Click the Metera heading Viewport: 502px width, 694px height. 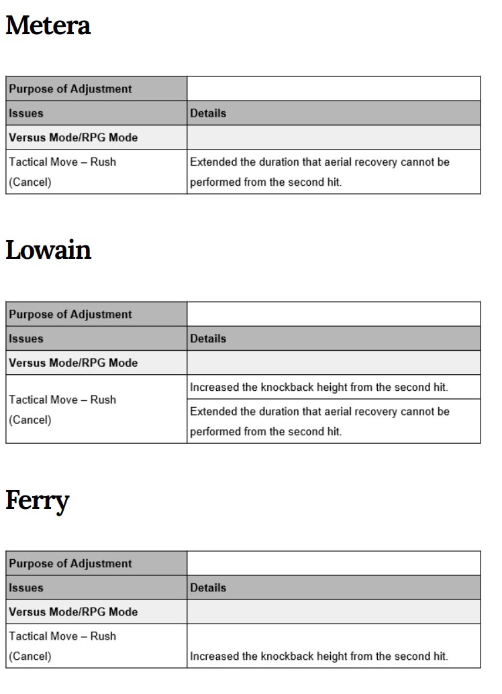48,26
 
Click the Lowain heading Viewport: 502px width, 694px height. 48,250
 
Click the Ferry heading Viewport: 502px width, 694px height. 38,500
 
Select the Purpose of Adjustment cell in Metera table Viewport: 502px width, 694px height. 70,89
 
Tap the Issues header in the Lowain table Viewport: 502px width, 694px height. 26,339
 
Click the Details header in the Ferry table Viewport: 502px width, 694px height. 208,587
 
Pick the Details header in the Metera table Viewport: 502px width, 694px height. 208,113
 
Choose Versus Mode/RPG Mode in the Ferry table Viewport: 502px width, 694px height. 73,612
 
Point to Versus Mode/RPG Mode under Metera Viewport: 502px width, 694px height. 73,137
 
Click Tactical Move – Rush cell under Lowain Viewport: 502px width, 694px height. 62,400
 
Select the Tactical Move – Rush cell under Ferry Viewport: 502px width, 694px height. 62,636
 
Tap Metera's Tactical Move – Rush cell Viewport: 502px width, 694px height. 62,162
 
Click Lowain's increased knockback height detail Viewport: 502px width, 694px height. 319,387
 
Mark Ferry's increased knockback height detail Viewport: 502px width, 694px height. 319,656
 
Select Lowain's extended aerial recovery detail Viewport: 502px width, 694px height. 319,421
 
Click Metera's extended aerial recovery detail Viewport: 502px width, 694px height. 319,172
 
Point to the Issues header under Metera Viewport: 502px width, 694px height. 26,113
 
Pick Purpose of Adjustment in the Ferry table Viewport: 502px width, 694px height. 70,563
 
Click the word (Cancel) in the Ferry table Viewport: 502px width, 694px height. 30,656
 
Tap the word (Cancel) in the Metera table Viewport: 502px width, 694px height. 30,182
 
